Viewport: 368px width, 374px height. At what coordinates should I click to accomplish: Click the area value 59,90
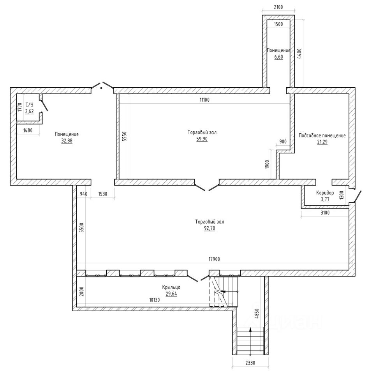pyautogui.click(x=202, y=139)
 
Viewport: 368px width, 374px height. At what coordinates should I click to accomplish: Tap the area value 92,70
pyautogui.click(x=210, y=228)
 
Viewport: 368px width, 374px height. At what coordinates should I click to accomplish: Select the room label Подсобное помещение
pyautogui.click(x=322, y=136)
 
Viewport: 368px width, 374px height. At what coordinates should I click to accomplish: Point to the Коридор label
pyautogui.click(x=325, y=193)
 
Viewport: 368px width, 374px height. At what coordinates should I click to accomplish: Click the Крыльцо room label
pyautogui.click(x=171, y=288)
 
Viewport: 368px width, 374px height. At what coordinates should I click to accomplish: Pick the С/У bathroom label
pyautogui.click(x=29, y=105)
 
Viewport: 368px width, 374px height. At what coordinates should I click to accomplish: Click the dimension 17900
pyautogui.click(x=214, y=259)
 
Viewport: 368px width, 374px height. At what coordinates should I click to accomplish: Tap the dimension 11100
pyautogui.click(x=204, y=100)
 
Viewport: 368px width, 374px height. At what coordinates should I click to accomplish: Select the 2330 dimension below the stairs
pyautogui.click(x=250, y=363)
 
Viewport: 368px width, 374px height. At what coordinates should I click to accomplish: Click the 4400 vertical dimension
pyautogui.click(x=299, y=53)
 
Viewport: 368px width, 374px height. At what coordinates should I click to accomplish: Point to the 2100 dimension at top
pyautogui.click(x=278, y=7)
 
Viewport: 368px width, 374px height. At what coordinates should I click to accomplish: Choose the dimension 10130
pyautogui.click(x=155, y=300)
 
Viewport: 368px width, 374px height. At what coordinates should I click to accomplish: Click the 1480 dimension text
pyautogui.click(x=28, y=130)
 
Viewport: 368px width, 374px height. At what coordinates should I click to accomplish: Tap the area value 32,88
pyautogui.click(x=67, y=141)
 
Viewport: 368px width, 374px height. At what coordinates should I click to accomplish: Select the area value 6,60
pyautogui.click(x=278, y=57)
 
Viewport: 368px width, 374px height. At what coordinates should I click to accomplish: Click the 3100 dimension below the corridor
pyautogui.click(x=325, y=213)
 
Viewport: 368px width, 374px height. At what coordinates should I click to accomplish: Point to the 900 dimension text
pyautogui.click(x=283, y=142)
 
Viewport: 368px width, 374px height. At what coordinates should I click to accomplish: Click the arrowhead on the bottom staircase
pyautogui.click(x=250, y=330)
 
